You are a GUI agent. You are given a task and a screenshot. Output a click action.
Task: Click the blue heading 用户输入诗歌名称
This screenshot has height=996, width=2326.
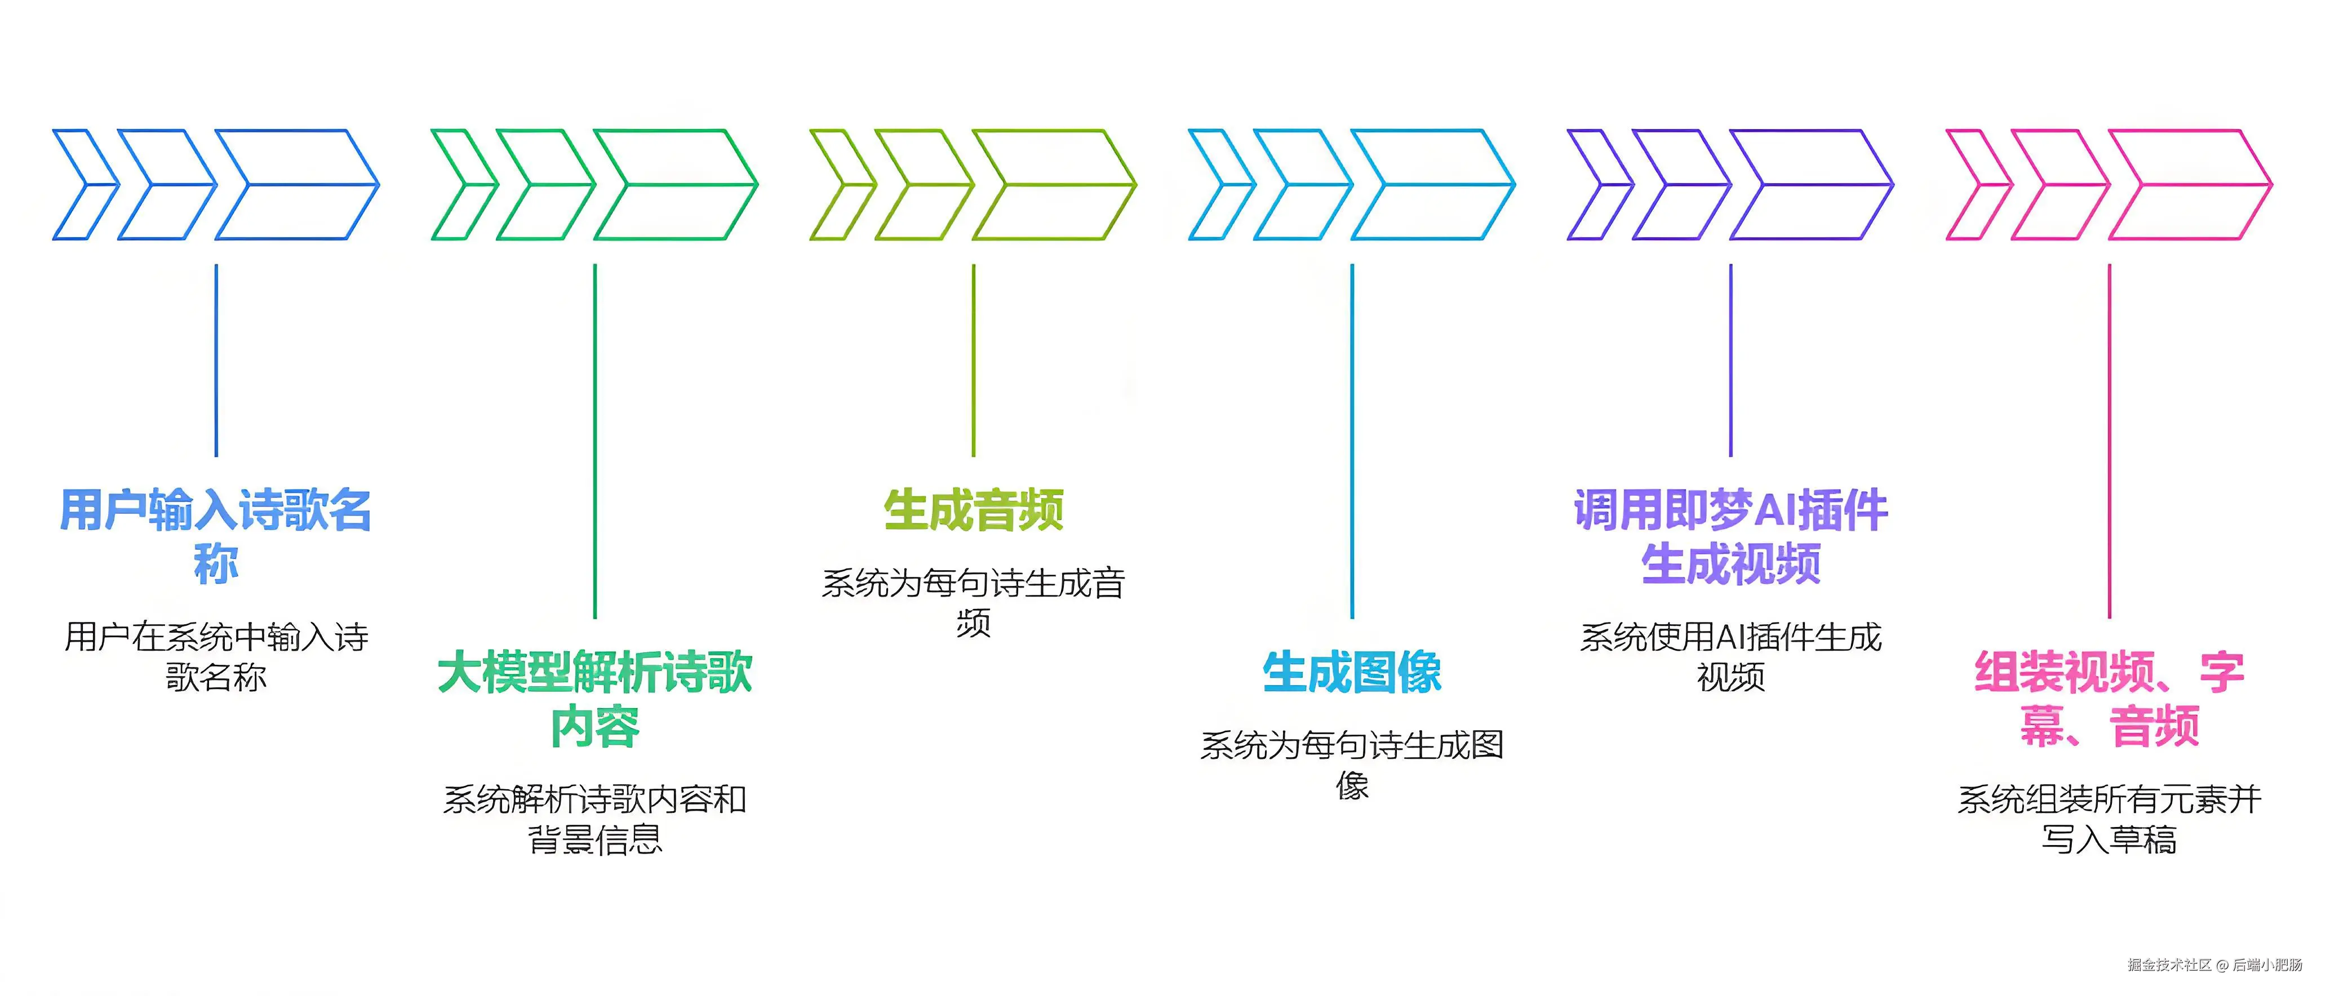216,536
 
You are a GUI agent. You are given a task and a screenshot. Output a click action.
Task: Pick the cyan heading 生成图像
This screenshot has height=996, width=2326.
1352,672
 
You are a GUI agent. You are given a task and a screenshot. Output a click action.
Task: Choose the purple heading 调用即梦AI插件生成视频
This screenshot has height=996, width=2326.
1730,536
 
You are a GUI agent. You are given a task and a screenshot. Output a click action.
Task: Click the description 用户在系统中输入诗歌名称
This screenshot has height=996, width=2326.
216,656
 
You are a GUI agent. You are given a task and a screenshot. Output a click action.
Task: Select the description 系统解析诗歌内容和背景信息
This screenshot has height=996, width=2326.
594,819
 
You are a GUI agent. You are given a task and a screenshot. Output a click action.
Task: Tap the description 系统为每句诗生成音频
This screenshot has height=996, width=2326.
973,602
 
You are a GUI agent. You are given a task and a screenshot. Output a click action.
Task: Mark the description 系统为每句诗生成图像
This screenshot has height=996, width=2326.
1352,765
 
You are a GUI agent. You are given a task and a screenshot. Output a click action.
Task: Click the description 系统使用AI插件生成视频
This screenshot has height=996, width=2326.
1730,656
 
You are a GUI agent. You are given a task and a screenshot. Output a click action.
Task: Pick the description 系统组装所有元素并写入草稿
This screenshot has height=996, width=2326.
2109,819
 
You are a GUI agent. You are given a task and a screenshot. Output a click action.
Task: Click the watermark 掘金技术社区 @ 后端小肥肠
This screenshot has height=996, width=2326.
2214,964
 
